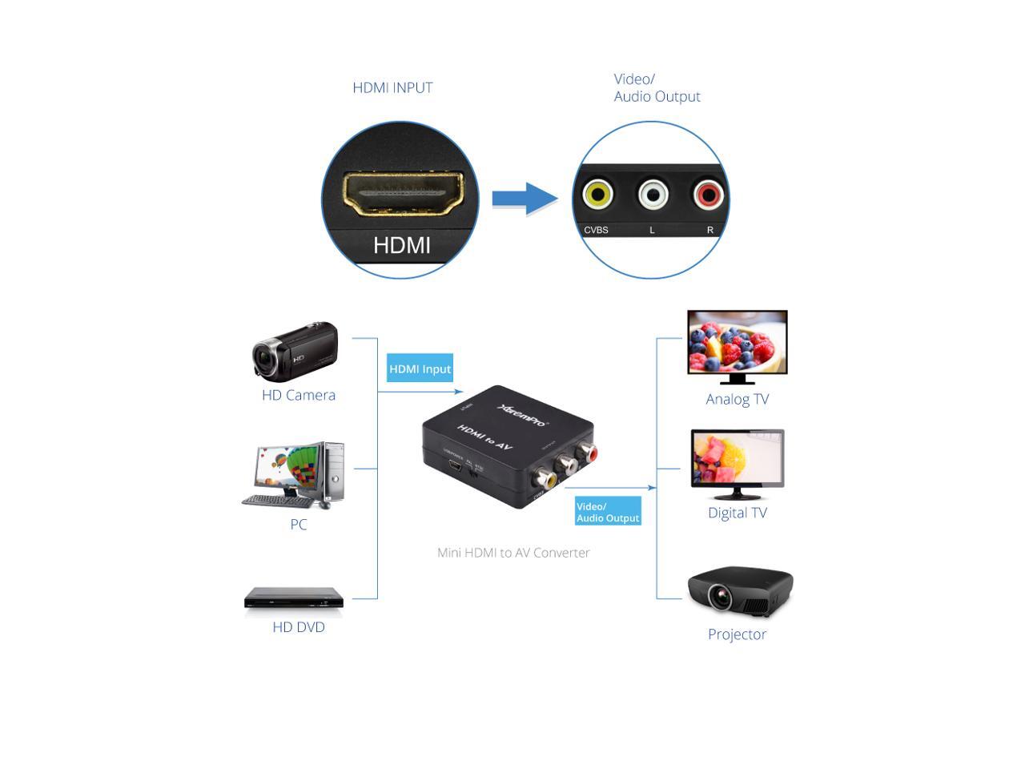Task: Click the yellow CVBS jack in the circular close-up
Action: (x=597, y=195)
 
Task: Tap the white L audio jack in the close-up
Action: (x=653, y=195)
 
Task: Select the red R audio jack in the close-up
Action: (x=708, y=195)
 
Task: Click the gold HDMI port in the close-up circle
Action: (x=404, y=195)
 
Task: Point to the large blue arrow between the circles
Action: (x=525, y=199)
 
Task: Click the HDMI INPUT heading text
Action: (x=392, y=88)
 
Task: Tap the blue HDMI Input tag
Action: (x=420, y=368)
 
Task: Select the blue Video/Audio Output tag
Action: (x=608, y=512)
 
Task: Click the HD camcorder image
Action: (x=295, y=351)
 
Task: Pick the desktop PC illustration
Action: (x=295, y=474)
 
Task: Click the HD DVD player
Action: (x=294, y=598)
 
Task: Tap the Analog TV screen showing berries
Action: (x=738, y=343)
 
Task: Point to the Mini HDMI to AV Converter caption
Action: (x=513, y=553)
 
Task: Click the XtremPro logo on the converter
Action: (x=523, y=414)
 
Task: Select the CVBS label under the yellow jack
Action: (x=596, y=230)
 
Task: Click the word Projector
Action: (x=737, y=634)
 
